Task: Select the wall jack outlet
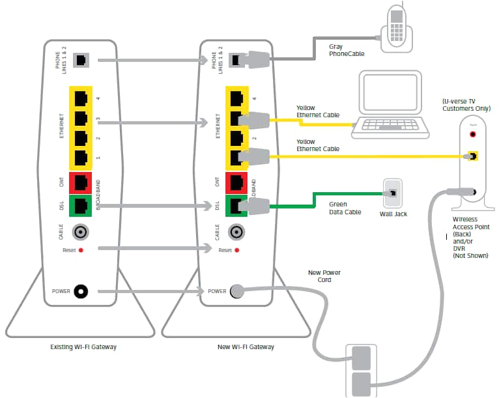[x=393, y=193]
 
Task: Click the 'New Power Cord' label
[x=324, y=276]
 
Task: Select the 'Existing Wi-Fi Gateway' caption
[x=84, y=347]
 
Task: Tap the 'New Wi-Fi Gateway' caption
[x=246, y=347]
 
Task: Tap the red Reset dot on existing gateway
[x=81, y=250]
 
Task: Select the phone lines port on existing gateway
[x=81, y=60]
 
